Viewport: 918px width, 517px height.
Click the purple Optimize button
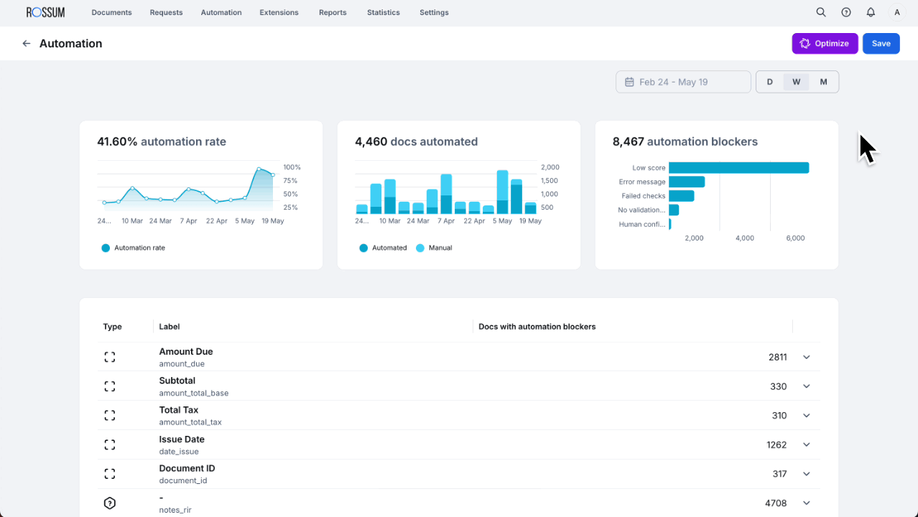[x=825, y=44]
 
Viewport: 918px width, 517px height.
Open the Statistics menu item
[x=383, y=12]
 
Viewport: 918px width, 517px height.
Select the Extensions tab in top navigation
[x=279, y=12]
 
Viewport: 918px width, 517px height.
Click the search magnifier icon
[x=821, y=12]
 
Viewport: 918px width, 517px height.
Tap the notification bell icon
[x=871, y=12]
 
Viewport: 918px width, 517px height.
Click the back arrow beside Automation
[x=27, y=44]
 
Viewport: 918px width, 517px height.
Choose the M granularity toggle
[x=823, y=82]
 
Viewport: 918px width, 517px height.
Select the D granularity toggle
[x=769, y=82]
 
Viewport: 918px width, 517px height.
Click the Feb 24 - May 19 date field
[x=682, y=82]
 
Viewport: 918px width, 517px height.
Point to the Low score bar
[x=738, y=168]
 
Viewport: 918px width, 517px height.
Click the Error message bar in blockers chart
[x=686, y=182]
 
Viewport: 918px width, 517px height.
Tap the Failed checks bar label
[x=643, y=196]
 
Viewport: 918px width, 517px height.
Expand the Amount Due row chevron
[x=806, y=357]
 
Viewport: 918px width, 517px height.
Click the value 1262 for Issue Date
[x=776, y=444]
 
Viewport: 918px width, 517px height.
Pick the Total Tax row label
[x=179, y=410]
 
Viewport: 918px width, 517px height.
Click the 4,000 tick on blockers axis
[x=745, y=238]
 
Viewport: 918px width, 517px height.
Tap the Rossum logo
[x=45, y=12]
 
